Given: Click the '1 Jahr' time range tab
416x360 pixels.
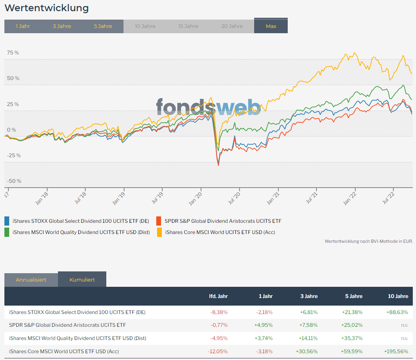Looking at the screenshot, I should [23, 26].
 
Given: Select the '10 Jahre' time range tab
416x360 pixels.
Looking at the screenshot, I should [145, 26].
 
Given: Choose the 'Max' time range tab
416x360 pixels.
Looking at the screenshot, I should [271, 26].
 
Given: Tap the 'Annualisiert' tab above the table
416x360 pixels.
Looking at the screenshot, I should [31, 280].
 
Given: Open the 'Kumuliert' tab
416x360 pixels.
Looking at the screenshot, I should [82, 280].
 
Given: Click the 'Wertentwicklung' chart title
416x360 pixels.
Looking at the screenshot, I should [47, 8].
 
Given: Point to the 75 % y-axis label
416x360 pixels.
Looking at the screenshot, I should [13, 53].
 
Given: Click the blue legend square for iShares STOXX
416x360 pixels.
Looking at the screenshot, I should [7, 221].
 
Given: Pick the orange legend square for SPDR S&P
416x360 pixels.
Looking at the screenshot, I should [159, 221].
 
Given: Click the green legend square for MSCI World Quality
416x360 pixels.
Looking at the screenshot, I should [7, 232].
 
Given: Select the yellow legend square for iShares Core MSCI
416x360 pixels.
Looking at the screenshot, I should [159, 232].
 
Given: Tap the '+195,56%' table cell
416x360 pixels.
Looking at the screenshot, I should [397, 351].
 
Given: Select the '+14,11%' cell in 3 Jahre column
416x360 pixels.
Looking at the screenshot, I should [308, 338].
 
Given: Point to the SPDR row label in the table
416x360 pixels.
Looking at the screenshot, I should [68, 325].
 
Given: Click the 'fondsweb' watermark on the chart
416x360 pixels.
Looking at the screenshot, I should [208, 107].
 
